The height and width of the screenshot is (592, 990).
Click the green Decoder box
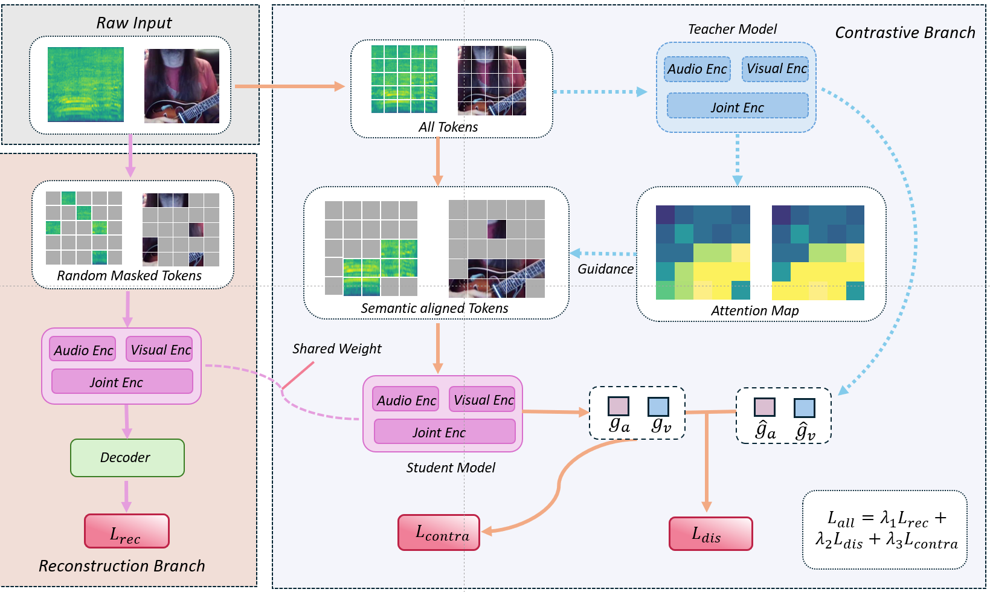pos(127,458)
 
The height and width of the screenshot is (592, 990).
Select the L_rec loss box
pos(126,532)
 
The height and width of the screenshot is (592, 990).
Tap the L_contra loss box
pos(439,533)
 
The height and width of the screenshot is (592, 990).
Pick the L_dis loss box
pos(710,534)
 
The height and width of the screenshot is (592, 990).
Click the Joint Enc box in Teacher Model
pos(737,107)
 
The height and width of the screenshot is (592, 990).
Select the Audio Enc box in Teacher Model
pos(697,69)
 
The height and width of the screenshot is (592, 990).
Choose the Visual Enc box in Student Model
pos(483,400)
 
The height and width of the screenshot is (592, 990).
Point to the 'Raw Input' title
pos(133,23)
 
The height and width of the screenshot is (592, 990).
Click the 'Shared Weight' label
pos(336,349)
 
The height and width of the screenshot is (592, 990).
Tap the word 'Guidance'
pos(605,269)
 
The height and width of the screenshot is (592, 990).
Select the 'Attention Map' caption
pos(754,310)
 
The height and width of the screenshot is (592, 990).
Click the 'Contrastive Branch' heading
pos(904,33)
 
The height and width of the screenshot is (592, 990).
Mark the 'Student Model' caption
pos(451,468)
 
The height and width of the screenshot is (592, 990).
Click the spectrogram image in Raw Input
pos(86,85)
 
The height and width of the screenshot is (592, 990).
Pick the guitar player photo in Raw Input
pos(181,86)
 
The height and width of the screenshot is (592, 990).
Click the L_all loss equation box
pos(884,530)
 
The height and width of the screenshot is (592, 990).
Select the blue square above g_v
pos(658,407)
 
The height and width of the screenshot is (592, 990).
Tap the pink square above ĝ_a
pos(764,408)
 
